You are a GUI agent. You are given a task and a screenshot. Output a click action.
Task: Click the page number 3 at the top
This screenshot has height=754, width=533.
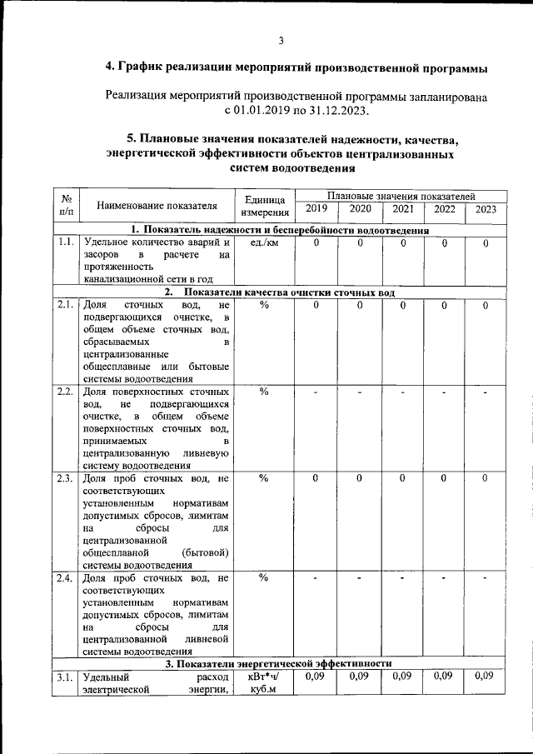tap(281, 41)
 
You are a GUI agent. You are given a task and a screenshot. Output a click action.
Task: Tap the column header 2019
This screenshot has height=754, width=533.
tap(316, 209)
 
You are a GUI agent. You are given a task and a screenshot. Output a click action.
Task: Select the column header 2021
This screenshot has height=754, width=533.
tap(401, 209)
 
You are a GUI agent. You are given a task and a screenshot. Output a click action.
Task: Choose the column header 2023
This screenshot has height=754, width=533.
tap(486, 209)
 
